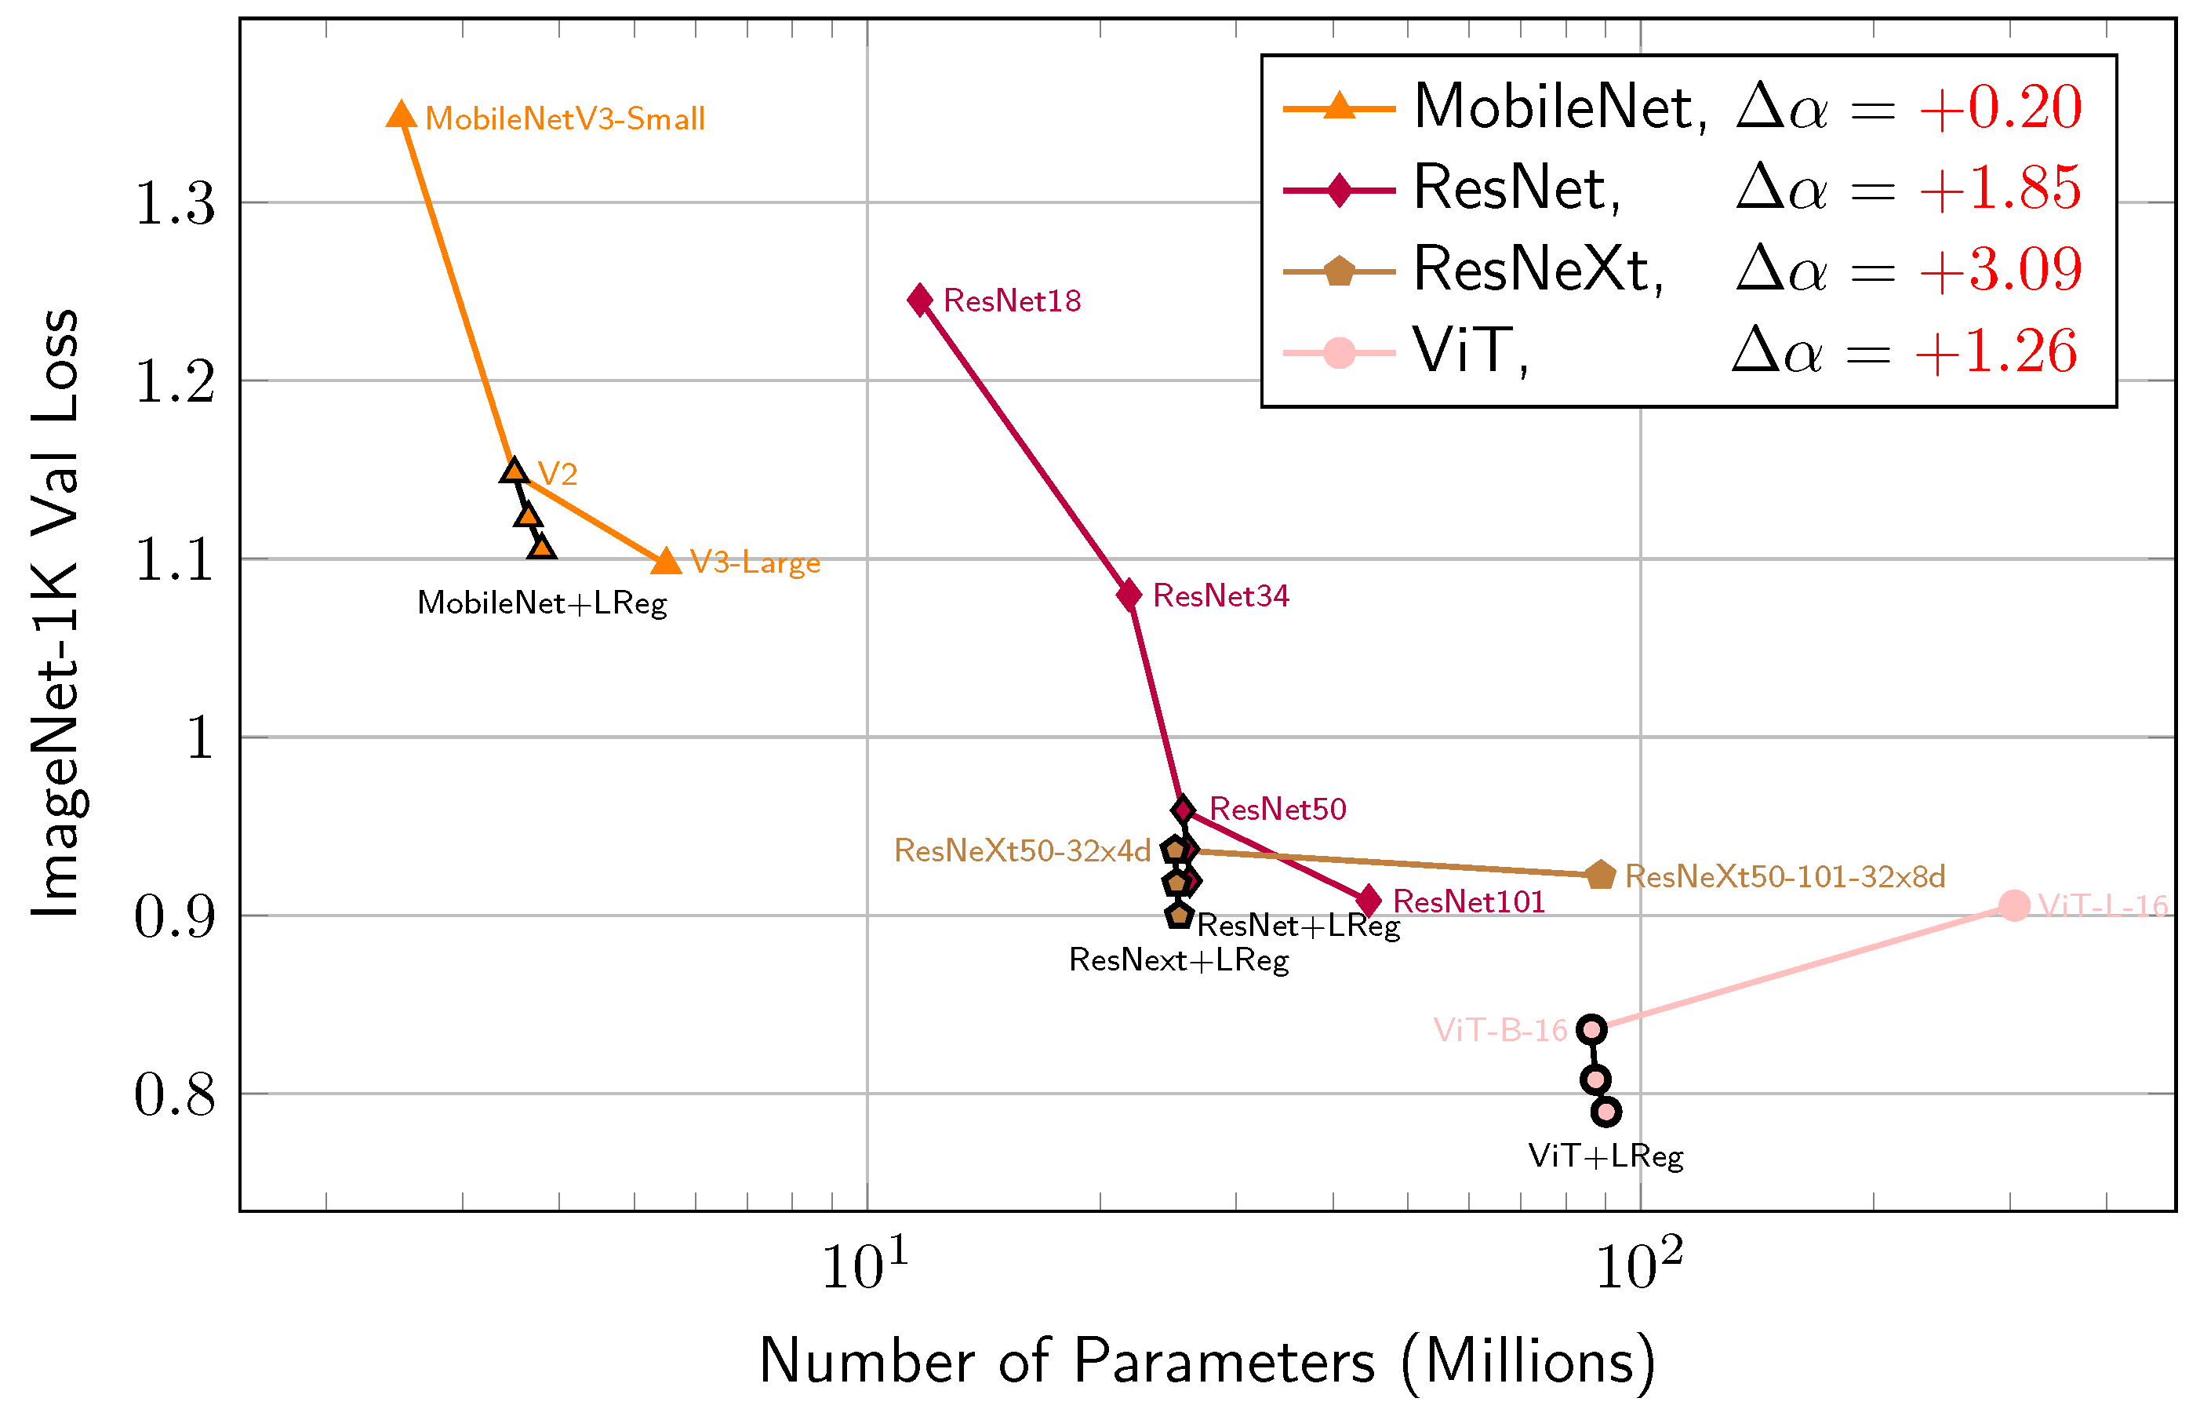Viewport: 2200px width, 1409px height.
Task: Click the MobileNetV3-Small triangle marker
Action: [x=401, y=116]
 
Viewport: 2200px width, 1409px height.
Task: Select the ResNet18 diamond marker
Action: [x=920, y=300]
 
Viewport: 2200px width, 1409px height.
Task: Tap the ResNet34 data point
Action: [x=1129, y=595]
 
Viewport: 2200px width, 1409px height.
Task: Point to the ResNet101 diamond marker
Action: [x=1369, y=901]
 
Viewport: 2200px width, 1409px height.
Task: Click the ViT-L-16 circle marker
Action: [x=2013, y=906]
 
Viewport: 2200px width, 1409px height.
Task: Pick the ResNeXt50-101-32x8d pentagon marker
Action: [x=1600, y=876]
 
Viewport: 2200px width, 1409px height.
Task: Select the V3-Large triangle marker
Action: [x=667, y=562]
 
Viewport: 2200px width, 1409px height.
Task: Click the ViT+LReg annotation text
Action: [x=1605, y=1156]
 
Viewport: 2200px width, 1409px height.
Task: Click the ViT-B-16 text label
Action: [x=1500, y=1030]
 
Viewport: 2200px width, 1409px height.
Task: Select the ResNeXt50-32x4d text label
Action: [x=1022, y=851]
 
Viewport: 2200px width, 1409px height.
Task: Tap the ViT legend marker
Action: [x=1339, y=352]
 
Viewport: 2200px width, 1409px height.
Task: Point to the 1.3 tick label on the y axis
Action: [x=175, y=203]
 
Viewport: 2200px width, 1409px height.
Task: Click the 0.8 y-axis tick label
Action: [x=175, y=1094]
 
